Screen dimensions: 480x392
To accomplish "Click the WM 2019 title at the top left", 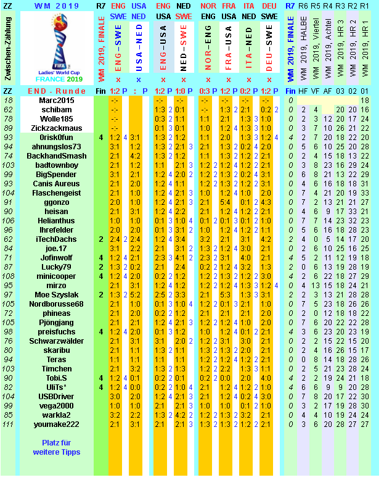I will (x=55, y=6).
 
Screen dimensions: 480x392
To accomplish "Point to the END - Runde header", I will (x=55, y=91).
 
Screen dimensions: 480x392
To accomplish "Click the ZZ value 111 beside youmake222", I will (x=8, y=424).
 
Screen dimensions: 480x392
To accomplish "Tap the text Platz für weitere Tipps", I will (x=56, y=447).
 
